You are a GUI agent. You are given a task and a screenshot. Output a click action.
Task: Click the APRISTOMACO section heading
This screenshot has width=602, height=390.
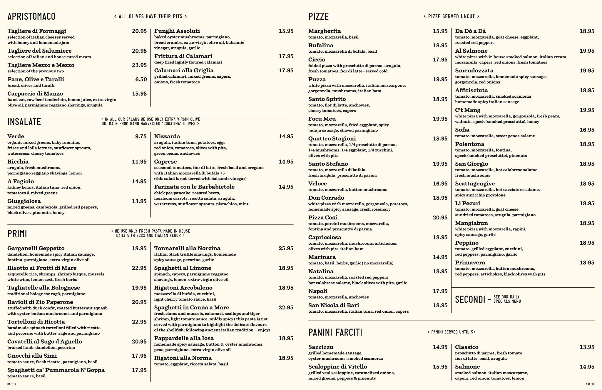click(31, 16)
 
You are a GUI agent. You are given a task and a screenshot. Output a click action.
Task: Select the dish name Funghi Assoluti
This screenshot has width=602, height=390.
click(177, 31)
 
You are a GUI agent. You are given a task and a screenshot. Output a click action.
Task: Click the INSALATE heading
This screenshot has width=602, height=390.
click(24, 122)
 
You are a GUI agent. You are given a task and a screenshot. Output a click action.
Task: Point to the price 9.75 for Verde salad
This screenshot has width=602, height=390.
click(141, 136)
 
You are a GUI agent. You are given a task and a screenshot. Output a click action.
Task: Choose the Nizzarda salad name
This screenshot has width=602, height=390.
click(167, 136)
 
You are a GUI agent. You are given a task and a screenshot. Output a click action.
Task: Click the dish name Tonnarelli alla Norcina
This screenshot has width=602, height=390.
click(187, 248)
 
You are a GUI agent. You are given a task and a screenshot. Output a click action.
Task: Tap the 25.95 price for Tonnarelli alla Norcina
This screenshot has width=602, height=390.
click(286, 248)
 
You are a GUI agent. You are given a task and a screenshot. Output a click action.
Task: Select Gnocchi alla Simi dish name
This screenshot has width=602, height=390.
click(32, 356)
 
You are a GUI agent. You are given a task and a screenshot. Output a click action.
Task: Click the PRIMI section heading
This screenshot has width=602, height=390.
click(17, 234)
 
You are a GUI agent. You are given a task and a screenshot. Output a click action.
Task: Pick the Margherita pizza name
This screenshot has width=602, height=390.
click(325, 31)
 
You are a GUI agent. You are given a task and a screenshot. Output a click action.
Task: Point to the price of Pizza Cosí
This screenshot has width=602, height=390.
click(440, 218)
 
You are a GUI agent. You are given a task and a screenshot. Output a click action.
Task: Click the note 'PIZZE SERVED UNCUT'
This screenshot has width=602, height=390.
click(451, 16)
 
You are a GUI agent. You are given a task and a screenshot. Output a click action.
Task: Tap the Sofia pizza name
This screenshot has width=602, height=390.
click(462, 130)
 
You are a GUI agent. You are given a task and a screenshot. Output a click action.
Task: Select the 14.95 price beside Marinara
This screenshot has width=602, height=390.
click(440, 257)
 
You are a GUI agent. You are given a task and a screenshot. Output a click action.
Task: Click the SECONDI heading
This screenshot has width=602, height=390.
click(470, 299)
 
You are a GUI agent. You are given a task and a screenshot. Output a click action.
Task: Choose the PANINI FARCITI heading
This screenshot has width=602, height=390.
click(335, 332)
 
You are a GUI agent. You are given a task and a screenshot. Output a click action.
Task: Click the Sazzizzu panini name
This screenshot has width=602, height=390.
click(321, 347)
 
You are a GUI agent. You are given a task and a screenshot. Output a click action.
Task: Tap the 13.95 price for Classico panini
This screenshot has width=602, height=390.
click(587, 347)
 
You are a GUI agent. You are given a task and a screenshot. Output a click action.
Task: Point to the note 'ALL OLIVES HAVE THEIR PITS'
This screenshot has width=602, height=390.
click(150, 16)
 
